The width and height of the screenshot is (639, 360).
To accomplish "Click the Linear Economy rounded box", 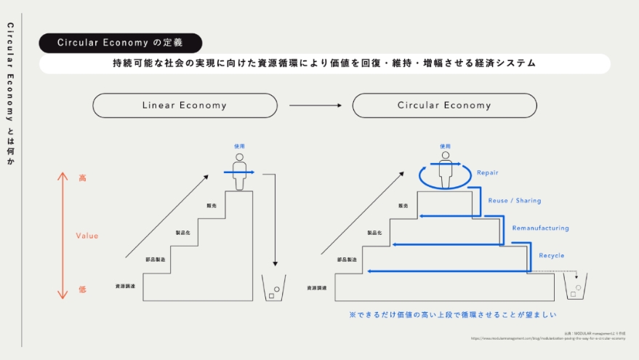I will point(185,105).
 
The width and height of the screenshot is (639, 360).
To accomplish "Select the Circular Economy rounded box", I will point(444,105).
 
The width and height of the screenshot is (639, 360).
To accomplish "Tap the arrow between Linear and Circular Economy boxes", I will point(315,105).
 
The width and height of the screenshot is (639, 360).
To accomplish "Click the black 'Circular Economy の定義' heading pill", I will point(120,43).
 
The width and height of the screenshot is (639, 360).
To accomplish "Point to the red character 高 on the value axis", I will point(82,177).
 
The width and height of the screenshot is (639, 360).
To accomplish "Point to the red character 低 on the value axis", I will point(82,289).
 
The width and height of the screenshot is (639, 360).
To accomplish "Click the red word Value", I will point(87,236).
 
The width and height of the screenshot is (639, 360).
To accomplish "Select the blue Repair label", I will point(489,173).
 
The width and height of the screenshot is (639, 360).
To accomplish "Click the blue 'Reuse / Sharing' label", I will point(515,201).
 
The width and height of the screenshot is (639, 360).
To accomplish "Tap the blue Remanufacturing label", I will point(540,228).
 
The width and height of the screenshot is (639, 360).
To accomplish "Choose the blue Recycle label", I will point(551,255).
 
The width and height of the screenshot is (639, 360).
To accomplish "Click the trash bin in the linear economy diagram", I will point(273,288).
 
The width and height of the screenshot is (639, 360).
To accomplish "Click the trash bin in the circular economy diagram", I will point(575,288).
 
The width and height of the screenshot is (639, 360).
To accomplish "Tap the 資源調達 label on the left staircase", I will point(125,287).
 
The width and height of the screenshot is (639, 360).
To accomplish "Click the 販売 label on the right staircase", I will point(403,206).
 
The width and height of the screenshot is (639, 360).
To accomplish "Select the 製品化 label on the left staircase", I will point(183,233).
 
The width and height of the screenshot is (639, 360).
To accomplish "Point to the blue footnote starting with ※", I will point(452,315).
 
